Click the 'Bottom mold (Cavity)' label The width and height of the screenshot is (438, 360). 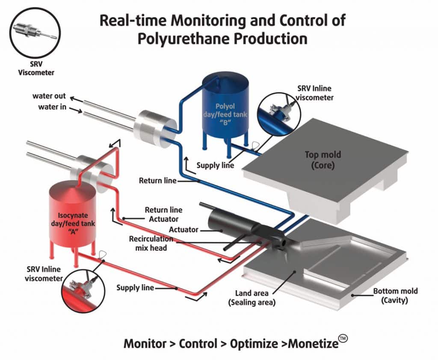click(x=395, y=296)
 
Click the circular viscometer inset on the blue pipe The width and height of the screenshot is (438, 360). click(x=278, y=113)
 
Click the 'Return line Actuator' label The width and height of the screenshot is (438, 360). click(x=163, y=214)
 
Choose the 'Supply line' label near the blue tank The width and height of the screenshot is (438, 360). click(x=215, y=165)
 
